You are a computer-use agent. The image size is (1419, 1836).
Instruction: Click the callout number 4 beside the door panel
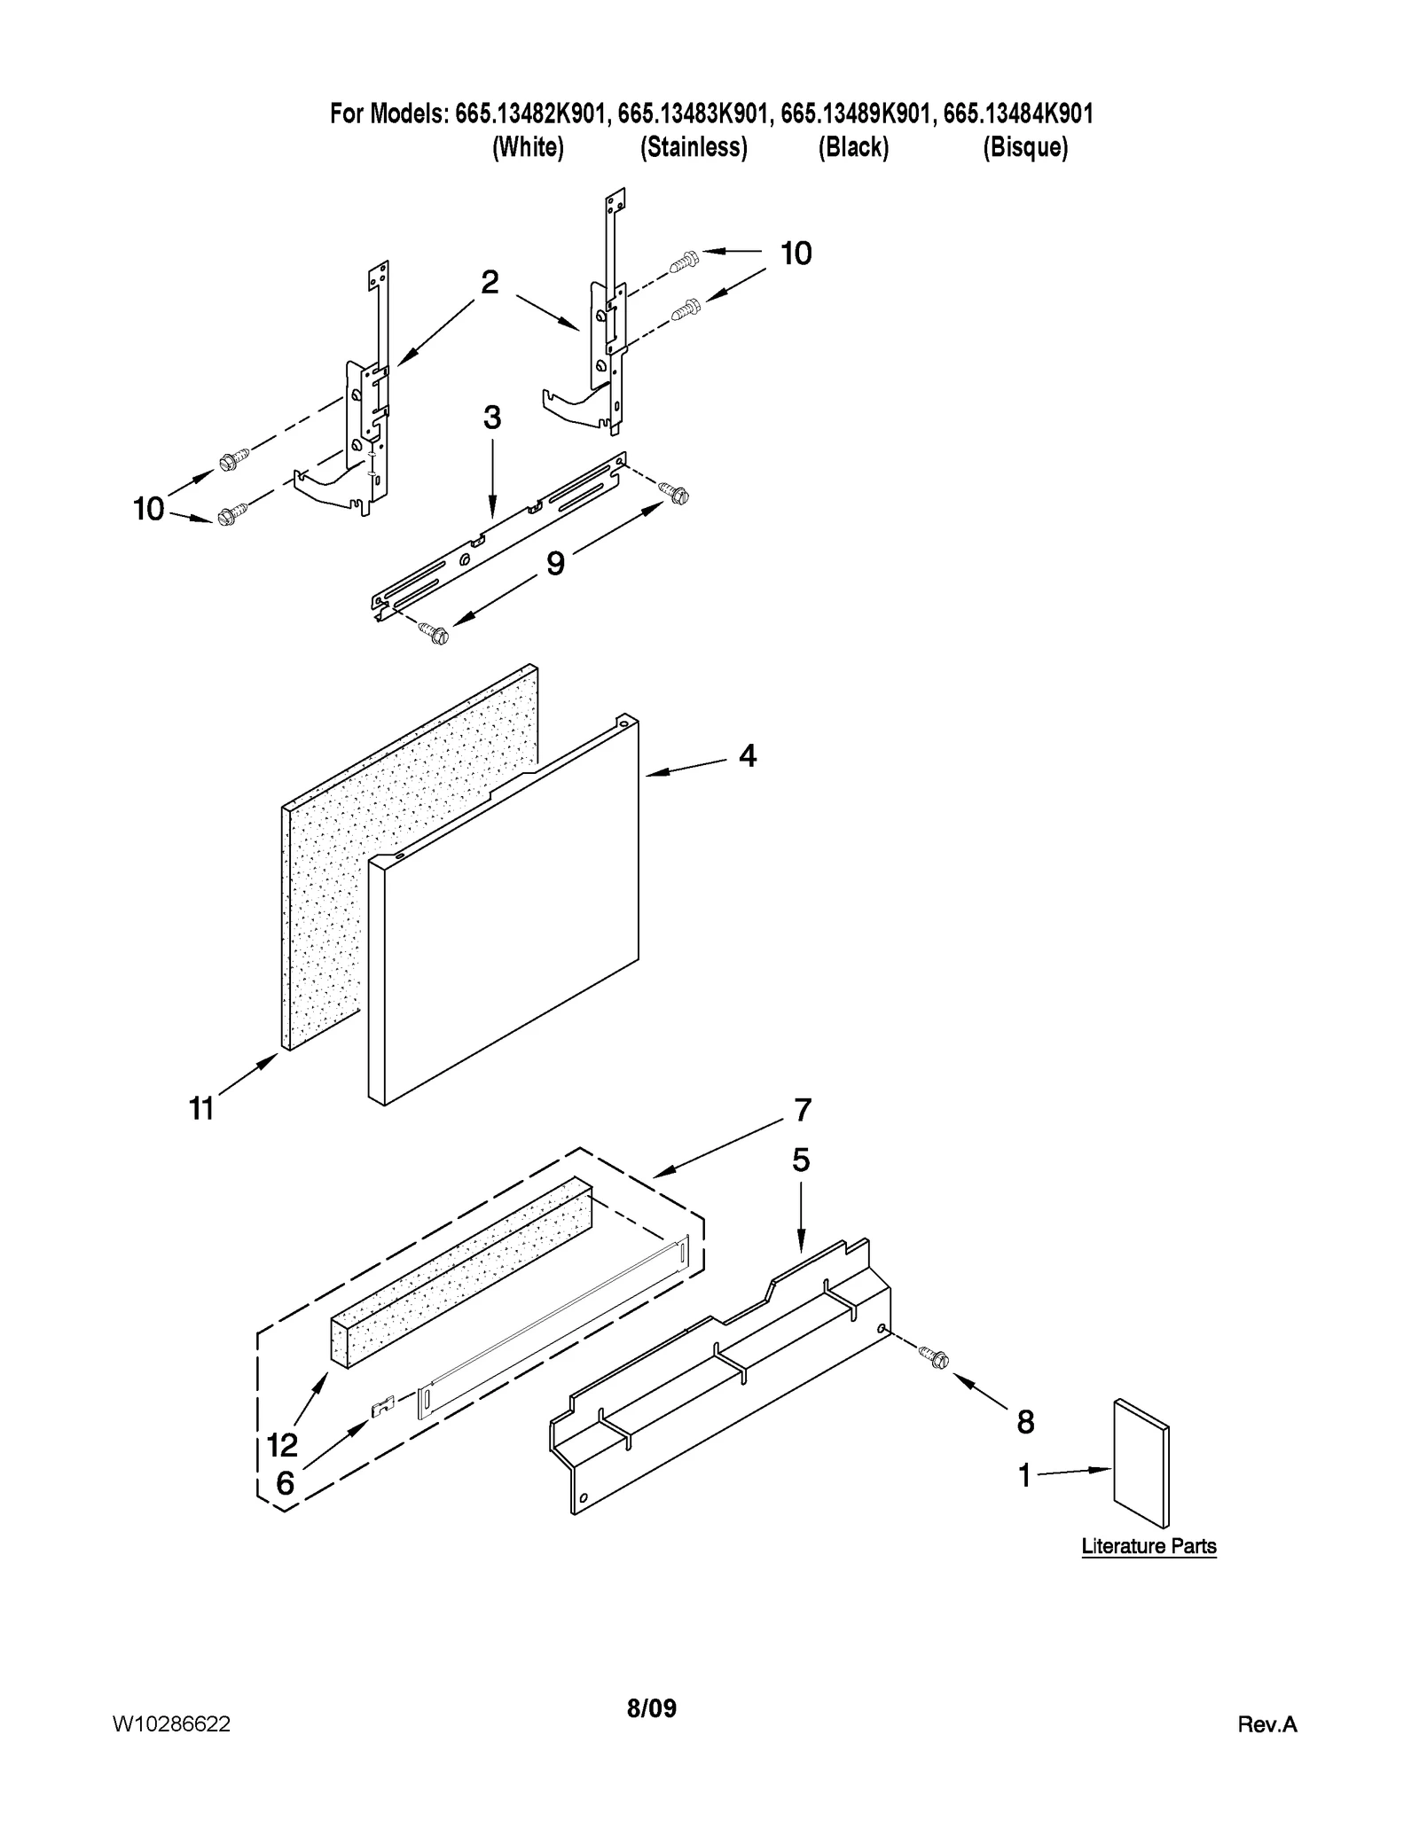click(748, 756)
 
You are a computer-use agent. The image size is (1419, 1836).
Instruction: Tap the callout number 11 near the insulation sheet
click(202, 1108)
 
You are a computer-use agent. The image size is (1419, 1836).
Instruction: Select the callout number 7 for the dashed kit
click(802, 1109)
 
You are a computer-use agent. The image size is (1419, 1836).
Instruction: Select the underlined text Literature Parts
click(1149, 1546)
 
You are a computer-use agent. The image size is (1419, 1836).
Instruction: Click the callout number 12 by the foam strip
click(282, 1445)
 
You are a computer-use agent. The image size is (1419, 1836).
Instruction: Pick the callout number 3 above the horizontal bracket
click(491, 418)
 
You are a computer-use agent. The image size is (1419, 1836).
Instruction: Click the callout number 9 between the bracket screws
click(555, 563)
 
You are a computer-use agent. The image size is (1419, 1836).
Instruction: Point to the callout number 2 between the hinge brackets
click(489, 283)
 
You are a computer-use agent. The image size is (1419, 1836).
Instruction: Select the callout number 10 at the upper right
click(796, 254)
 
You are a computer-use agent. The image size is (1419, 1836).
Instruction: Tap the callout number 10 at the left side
click(149, 509)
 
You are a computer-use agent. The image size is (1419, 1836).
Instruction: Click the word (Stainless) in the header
click(694, 147)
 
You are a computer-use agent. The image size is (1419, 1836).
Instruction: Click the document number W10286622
click(171, 1723)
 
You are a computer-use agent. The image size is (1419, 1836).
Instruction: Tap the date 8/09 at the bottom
click(651, 1708)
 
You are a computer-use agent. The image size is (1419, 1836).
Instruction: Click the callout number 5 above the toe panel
click(801, 1160)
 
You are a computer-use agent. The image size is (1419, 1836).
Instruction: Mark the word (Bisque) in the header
click(1024, 147)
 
